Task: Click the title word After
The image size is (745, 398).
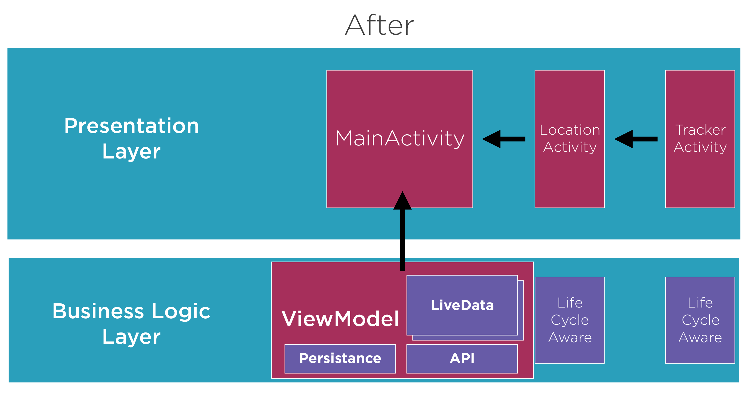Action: click(x=379, y=25)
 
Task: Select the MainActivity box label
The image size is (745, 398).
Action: click(x=400, y=139)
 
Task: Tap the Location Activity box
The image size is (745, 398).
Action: click(x=570, y=139)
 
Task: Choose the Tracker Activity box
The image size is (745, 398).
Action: click(x=700, y=139)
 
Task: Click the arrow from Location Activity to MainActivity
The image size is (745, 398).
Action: click(x=504, y=139)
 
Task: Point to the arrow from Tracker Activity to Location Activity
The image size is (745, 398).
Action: click(x=636, y=139)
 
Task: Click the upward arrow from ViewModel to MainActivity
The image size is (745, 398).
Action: click(x=402, y=231)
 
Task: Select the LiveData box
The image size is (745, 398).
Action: click(x=462, y=305)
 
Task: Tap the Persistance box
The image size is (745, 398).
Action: click(x=340, y=359)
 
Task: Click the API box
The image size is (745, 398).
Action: click(x=462, y=359)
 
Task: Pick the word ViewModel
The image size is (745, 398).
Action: click(x=340, y=319)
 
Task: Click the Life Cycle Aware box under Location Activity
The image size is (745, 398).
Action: click(x=570, y=320)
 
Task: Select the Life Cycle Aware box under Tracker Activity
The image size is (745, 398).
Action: click(x=700, y=320)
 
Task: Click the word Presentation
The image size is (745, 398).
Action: click(x=132, y=126)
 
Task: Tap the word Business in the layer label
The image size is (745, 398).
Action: click(x=98, y=311)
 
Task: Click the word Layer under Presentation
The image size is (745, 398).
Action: click(x=131, y=152)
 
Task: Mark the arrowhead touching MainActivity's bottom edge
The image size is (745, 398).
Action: click(x=402, y=200)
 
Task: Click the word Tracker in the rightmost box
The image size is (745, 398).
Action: click(x=700, y=130)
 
